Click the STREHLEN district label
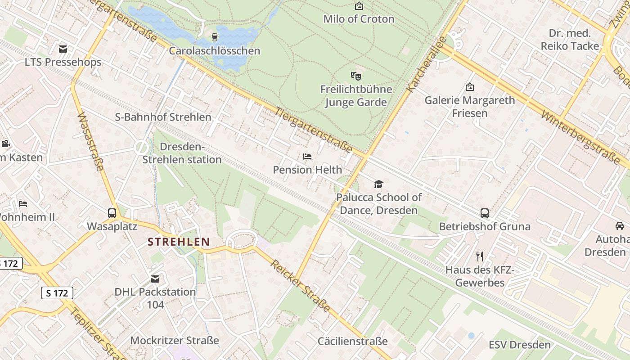coord(179,242)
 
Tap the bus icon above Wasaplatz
coord(112,213)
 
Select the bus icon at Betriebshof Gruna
coord(485,213)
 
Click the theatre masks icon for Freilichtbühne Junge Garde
coord(356,76)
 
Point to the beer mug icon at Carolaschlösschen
coord(215,37)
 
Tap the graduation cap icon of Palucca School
coord(378,184)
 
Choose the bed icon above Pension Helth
coord(307,157)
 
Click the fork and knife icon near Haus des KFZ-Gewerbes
coord(480,256)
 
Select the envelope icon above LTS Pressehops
coord(63,49)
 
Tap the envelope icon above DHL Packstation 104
coord(155,279)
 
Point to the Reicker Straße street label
coord(300,286)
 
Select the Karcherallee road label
coord(425,64)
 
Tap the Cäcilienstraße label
coord(352,341)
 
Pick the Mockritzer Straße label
coord(175,340)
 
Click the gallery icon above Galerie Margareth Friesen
coord(470,87)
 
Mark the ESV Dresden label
coord(520,345)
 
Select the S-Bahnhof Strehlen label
coord(163,117)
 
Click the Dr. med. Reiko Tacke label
coord(570,40)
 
